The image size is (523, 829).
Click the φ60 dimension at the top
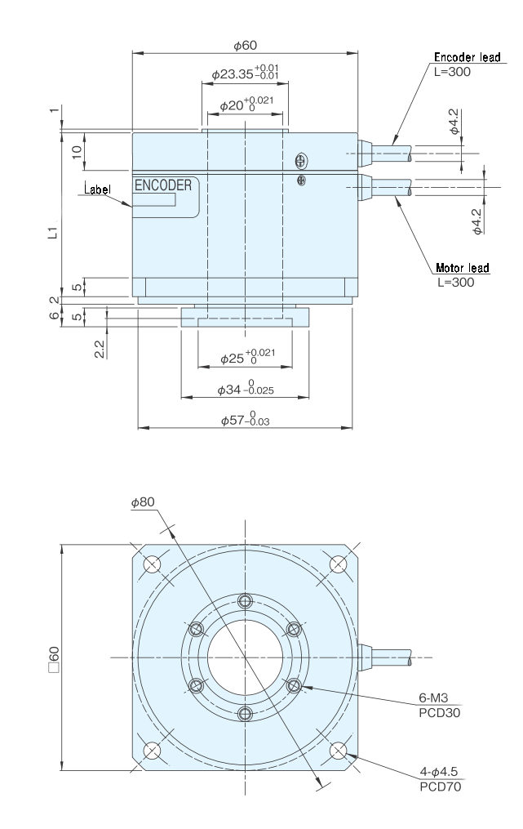245,46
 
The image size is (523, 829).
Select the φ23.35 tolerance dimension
245,72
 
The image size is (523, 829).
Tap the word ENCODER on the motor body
163,185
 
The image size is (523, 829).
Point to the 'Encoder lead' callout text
467,57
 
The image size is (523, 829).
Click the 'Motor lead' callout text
463,268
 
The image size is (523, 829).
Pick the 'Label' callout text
98,189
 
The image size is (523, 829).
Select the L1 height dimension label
51,232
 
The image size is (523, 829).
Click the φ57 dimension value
245,420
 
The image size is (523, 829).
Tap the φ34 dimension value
245,389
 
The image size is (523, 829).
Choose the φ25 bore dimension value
247,358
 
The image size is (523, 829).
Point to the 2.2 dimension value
100,349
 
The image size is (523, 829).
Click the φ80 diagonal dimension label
143,501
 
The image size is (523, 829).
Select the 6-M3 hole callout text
433,698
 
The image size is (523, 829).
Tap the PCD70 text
440,787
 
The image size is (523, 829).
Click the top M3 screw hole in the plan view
245,600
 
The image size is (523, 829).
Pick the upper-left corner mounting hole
152,564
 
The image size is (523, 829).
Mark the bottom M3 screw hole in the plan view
245,715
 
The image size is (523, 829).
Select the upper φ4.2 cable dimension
454,122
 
